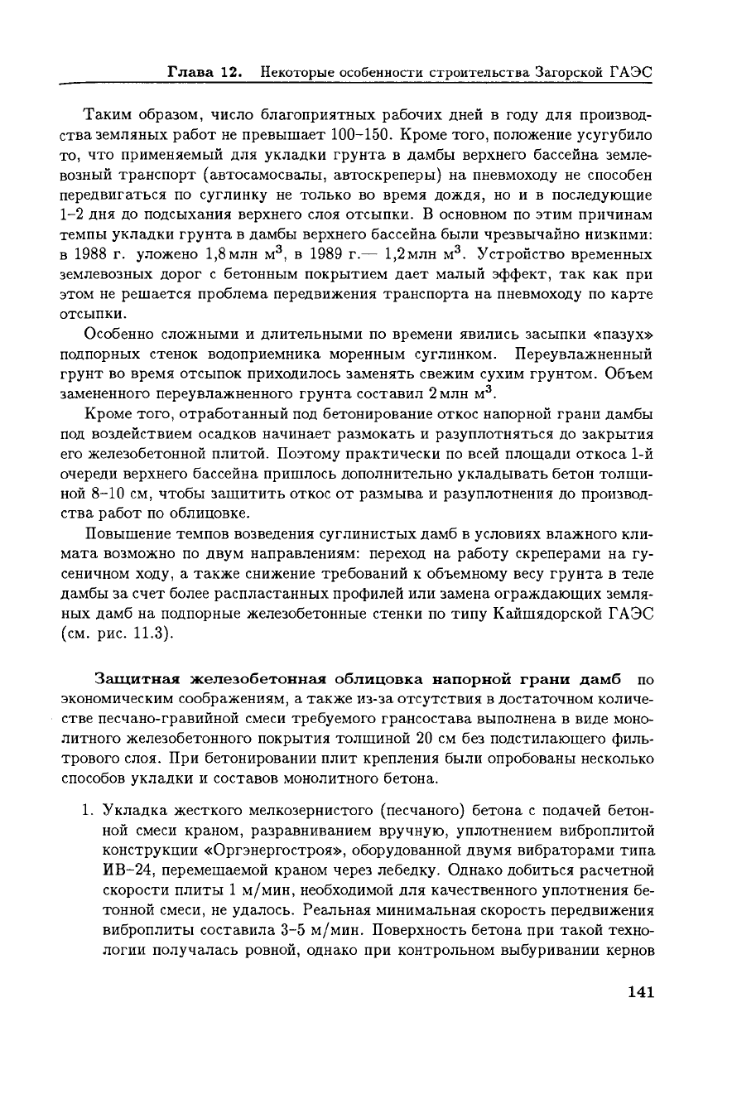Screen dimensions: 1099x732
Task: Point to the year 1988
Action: pos(98,253)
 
